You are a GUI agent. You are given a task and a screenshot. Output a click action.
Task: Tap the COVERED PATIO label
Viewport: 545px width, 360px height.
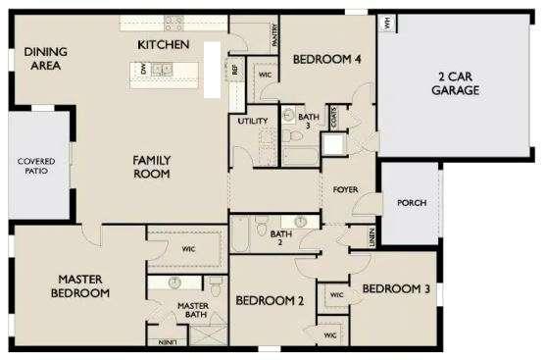pos(35,166)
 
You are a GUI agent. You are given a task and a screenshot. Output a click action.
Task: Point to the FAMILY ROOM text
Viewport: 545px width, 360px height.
pos(151,167)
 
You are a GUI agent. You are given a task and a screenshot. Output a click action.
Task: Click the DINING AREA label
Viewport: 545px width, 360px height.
pos(43,59)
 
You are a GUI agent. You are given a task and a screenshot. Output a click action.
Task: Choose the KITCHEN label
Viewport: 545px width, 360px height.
pos(163,45)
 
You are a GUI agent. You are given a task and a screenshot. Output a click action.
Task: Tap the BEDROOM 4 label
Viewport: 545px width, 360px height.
pos(327,59)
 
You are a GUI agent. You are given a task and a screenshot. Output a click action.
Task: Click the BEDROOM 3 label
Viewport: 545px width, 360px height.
pos(396,288)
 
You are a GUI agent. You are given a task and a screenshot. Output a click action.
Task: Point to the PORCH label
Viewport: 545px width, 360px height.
pos(412,204)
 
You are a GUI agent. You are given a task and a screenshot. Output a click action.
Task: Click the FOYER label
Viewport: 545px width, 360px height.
pos(344,188)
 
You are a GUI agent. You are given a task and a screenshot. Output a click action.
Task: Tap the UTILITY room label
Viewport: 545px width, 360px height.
pos(253,121)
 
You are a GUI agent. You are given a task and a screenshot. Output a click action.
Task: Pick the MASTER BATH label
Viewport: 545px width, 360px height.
pos(192,310)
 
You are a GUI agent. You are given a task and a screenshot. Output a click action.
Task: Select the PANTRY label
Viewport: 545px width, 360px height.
pos(275,36)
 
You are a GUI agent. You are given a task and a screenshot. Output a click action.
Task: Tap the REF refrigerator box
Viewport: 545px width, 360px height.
pos(234,70)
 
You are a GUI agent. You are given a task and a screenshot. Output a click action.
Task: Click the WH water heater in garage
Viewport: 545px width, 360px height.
pos(388,22)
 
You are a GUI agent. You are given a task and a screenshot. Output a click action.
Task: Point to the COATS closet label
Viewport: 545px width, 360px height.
pos(334,118)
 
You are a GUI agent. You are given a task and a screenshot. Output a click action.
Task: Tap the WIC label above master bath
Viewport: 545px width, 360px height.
pos(187,249)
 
